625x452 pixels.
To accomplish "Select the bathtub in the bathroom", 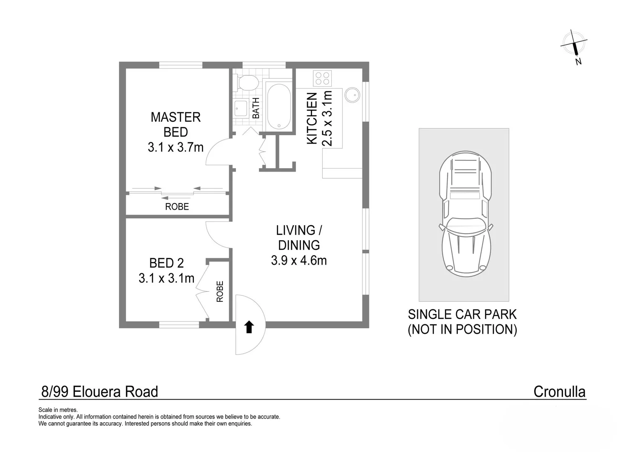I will click(278, 107).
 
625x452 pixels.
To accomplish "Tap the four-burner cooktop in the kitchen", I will click(322, 78).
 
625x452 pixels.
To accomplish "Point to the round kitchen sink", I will click(352, 95).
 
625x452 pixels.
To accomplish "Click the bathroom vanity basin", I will click(241, 108).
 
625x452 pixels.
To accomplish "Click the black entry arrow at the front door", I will click(249, 327).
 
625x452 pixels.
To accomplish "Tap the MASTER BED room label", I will click(176, 124).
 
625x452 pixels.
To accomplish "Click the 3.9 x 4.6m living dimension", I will click(299, 260).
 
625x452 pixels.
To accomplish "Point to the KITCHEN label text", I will click(312, 118).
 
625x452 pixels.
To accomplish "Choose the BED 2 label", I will click(166, 263).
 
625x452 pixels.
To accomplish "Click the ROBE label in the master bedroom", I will click(177, 206).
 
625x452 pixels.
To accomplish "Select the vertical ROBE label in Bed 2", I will click(220, 291).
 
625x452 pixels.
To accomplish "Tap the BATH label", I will click(256, 108).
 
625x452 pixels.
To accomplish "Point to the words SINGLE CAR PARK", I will click(462, 314).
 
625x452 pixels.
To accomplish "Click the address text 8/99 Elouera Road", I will click(100, 392).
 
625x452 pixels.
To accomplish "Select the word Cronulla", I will click(559, 392).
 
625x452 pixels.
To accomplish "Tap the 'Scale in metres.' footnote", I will click(58, 410).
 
